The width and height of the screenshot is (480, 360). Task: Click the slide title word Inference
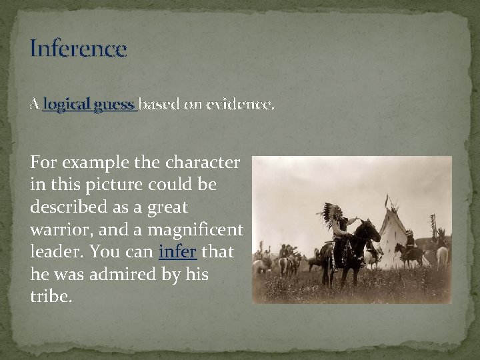tap(78, 49)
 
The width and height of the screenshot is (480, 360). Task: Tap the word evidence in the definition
tap(240, 104)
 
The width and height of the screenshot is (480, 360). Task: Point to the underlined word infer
tap(177, 253)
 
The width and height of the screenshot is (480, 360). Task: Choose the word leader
tap(53, 253)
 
